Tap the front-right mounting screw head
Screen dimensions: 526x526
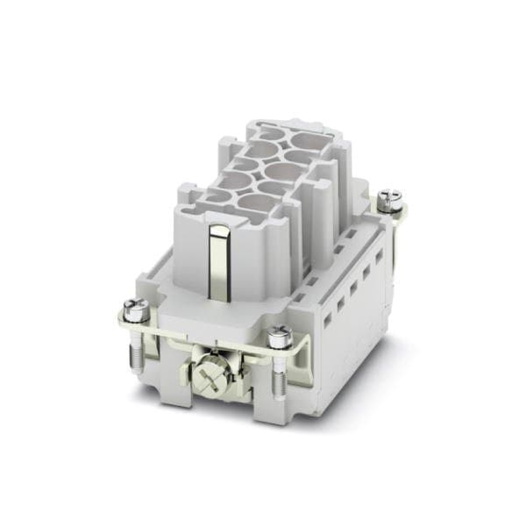tap(280, 334)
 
